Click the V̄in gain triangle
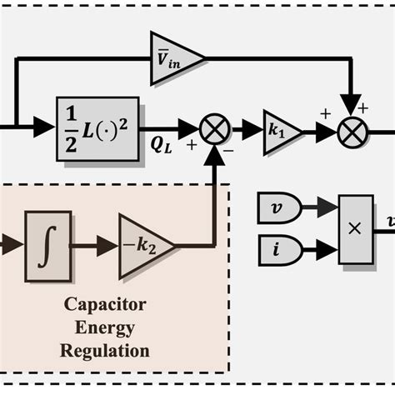pyautogui.click(x=172, y=60)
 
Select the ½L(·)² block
pyautogui.click(x=97, y=128)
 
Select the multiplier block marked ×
pyautogui.click(x=356, y=229)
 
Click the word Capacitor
pyautogui.click(x=104, y=304)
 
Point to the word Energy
pyautogui.click(x=104, y=327)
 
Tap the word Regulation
pyautogui.click(x=104, y=351)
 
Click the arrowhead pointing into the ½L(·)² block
pyautogui.click(x=44, y=128)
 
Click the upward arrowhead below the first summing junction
pyautogui.click(x=217, y=151)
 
